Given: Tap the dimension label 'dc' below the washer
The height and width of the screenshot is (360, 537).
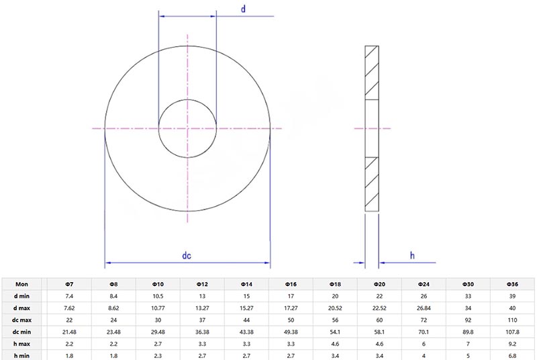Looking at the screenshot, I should (187, 255).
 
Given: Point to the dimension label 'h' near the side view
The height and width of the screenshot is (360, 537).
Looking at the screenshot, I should (412, 255).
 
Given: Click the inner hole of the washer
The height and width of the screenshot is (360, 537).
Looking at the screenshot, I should (187, 127).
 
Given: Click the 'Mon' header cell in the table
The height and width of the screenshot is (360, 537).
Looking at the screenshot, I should (22, 284).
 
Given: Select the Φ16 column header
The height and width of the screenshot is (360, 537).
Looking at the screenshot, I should (291, 284).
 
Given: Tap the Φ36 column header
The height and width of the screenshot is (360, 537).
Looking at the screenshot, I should (513, 284).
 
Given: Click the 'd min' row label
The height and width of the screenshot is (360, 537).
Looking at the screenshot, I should (22, 296).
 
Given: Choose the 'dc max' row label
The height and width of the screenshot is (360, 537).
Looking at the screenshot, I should (22, 320).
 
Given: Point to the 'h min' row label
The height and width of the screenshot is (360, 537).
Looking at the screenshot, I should (22, 355).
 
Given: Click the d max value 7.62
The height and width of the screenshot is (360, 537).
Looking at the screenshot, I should (68, 308).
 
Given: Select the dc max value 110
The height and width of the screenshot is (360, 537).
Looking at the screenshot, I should (513, 320).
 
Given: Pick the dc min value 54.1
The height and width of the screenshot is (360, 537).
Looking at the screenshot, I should (335, 331).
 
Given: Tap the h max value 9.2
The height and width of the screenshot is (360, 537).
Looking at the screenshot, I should (513, 343).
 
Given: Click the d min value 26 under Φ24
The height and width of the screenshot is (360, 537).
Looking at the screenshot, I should (424, 296).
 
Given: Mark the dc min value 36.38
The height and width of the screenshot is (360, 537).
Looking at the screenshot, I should (202, 331).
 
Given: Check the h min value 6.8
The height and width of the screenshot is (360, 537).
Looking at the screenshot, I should (513, 355).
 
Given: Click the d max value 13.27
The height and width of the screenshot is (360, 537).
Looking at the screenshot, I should (202, 308).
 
